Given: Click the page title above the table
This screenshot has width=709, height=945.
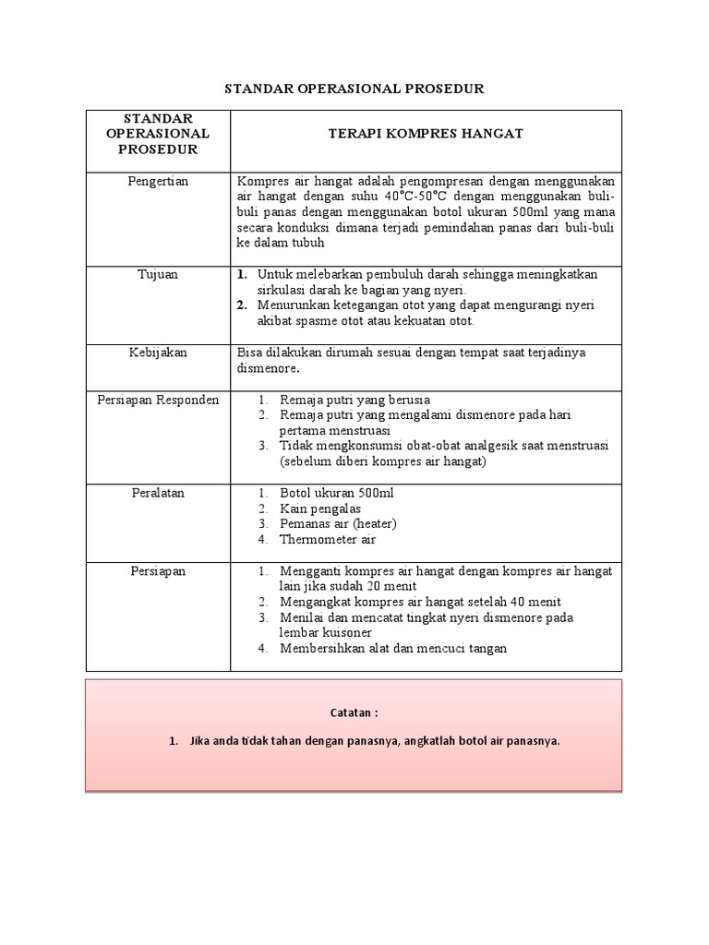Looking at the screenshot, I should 354,89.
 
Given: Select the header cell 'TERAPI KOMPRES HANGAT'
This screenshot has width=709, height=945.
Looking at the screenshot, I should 426,134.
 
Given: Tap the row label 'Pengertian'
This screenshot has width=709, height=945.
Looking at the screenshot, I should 158,181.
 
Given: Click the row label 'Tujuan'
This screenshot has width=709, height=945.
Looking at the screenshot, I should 158,275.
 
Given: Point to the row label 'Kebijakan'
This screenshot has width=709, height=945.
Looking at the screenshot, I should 158,353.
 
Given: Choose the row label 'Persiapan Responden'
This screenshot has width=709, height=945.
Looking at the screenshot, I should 158,400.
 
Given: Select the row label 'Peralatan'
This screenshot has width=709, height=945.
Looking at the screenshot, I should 158,493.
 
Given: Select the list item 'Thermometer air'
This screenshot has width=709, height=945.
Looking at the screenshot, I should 328,540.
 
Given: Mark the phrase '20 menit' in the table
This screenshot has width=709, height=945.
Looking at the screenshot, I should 394,586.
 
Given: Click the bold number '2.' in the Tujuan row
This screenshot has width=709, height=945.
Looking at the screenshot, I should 243,305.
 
